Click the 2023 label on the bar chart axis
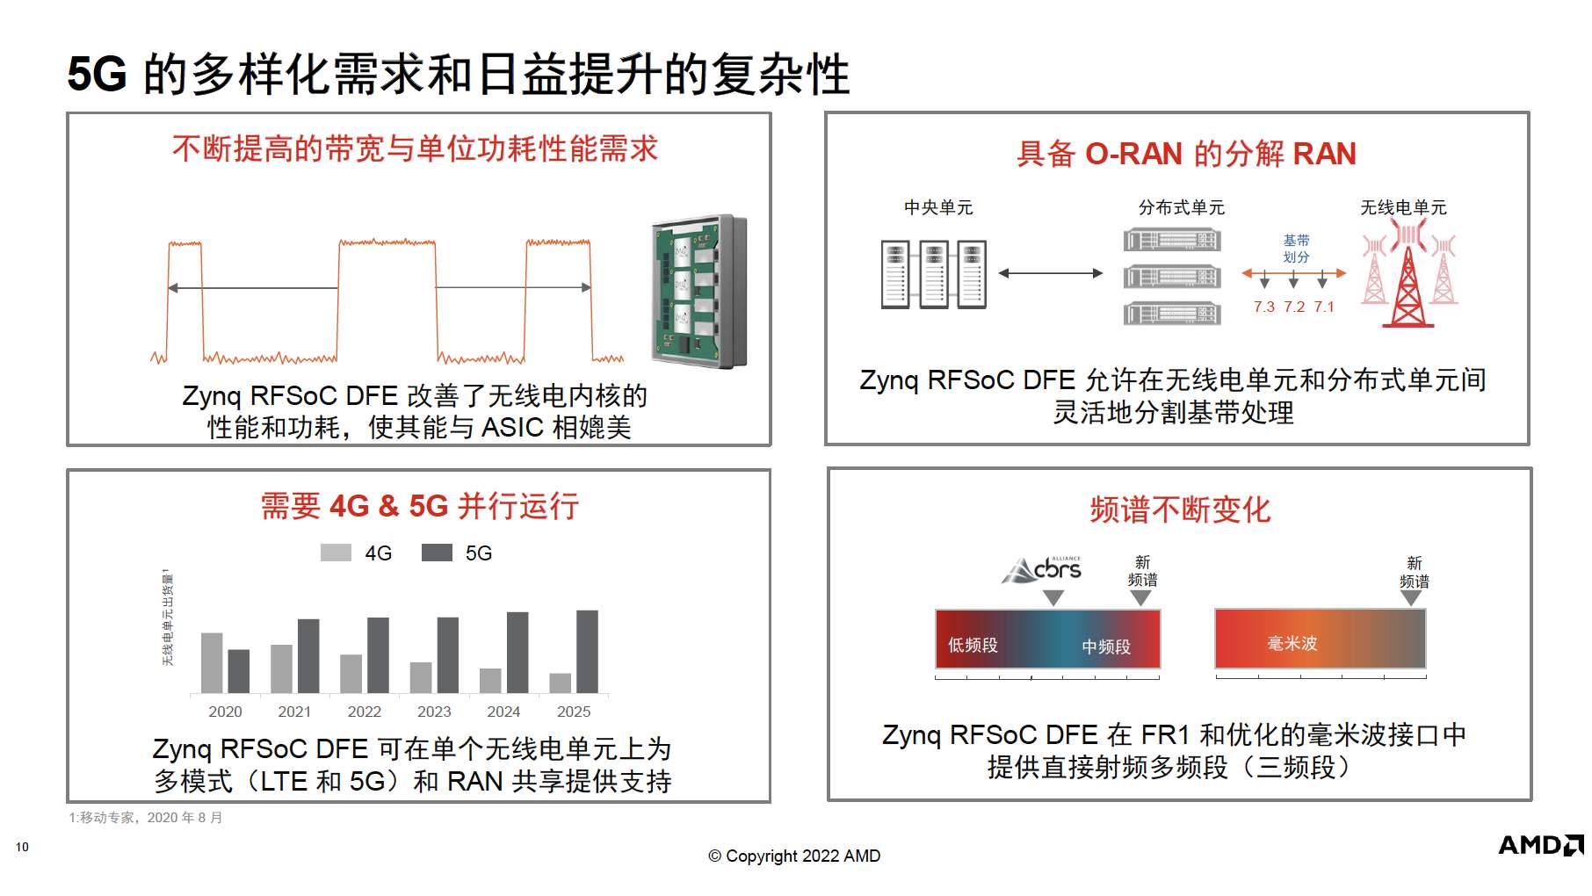pyautogui.click(x=434, y=712)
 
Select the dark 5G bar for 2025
pyautogui.click(x=587, y=652)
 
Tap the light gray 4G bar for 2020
pyautogui.click(x=212, y=663)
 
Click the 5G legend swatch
pyautogui.click(x=437, y=553)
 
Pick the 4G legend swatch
pyautogui.click(x=336, y=553)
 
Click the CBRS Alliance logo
pyautogui.click(x=1042, y=569)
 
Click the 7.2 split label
pyautogui.click(x=1294, y=307)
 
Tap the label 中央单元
pyautogui.click(x=938, y=207)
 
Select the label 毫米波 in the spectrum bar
pyautogui.click(x=1292, y=643)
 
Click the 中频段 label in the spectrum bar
pyautogui.click(x=1105, y=647)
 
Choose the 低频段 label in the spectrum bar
pyautogui.click(x=973, y=645)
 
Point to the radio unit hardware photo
pyautogui.click(x=699, y=291)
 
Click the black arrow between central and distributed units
pyautogui.click(x=1051, y=273)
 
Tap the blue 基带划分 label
pyautogui.click(x=1296, y=249)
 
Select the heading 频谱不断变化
pyautogui.click(x=1180, y=509)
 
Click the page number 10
pyautogui.click(x=22, y=847)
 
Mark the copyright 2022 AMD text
pyautogui.click(x=794, y=856)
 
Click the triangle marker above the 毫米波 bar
pyautogui.click(x=1411, y=598)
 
